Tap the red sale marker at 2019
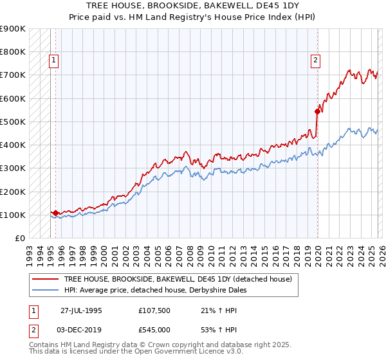point(317,111)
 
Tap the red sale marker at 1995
point(55,213)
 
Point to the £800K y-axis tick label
point(13,51)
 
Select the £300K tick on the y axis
point(13,168)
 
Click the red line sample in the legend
point(46,279)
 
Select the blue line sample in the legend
point(46,290)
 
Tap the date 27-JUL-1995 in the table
point(81,310)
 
